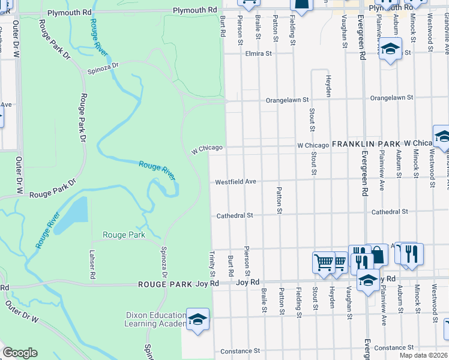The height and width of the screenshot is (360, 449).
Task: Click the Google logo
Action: tap(20, 353)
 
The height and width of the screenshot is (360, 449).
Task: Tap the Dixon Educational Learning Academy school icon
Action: tap(197, 320)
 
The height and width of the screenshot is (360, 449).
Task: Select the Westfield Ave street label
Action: tap(236, 181)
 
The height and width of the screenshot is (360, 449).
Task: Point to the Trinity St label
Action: tap(212, 264)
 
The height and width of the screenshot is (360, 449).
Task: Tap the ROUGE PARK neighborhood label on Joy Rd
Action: tap(166, 284)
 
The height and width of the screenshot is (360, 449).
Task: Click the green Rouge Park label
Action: tap(124, 235)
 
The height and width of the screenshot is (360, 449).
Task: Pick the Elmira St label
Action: tap(259, 53)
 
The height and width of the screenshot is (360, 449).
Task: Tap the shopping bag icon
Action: tap(377, 254)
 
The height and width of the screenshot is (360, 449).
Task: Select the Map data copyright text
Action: tap(423, 355)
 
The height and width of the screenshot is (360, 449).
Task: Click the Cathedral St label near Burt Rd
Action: tap(235, 215)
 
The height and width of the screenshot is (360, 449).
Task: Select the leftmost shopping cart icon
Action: tap(323, 262)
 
